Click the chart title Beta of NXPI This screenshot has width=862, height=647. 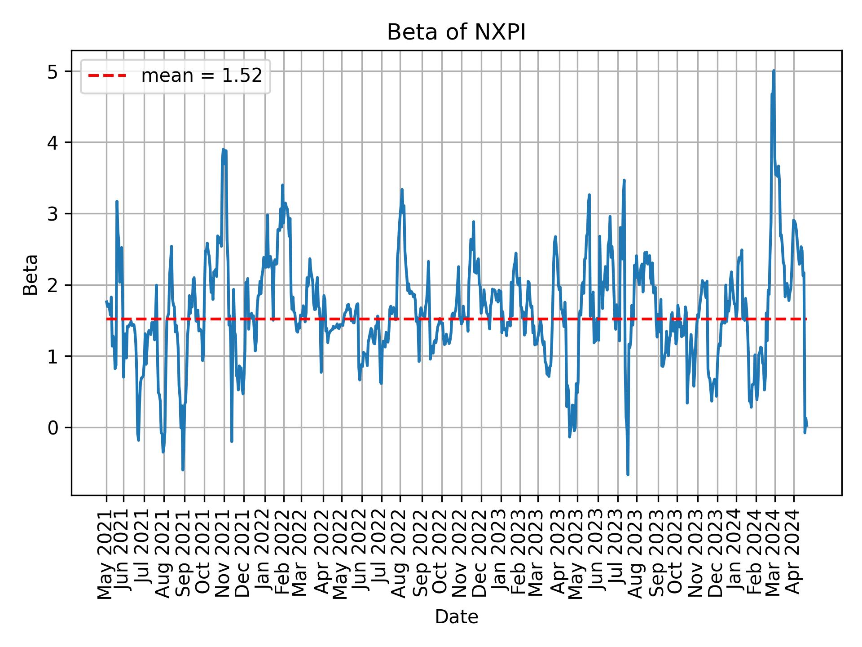pos(456,32)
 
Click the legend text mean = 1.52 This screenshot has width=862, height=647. pos(202,76)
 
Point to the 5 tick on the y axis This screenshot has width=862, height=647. pos(53,71)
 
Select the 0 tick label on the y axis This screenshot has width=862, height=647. pos(53,428)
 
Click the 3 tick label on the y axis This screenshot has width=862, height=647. pos(53,214)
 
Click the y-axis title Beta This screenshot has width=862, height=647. pos(31,275)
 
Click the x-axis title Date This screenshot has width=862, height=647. pos(456,617)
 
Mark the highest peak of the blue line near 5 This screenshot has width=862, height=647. pos(774,71)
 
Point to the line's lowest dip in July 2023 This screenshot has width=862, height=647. pos(628,474)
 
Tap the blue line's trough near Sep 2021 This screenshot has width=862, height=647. pos(183,470)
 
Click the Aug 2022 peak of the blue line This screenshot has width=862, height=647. pos(402,190)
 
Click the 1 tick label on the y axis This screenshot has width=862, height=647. pos(53,356)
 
